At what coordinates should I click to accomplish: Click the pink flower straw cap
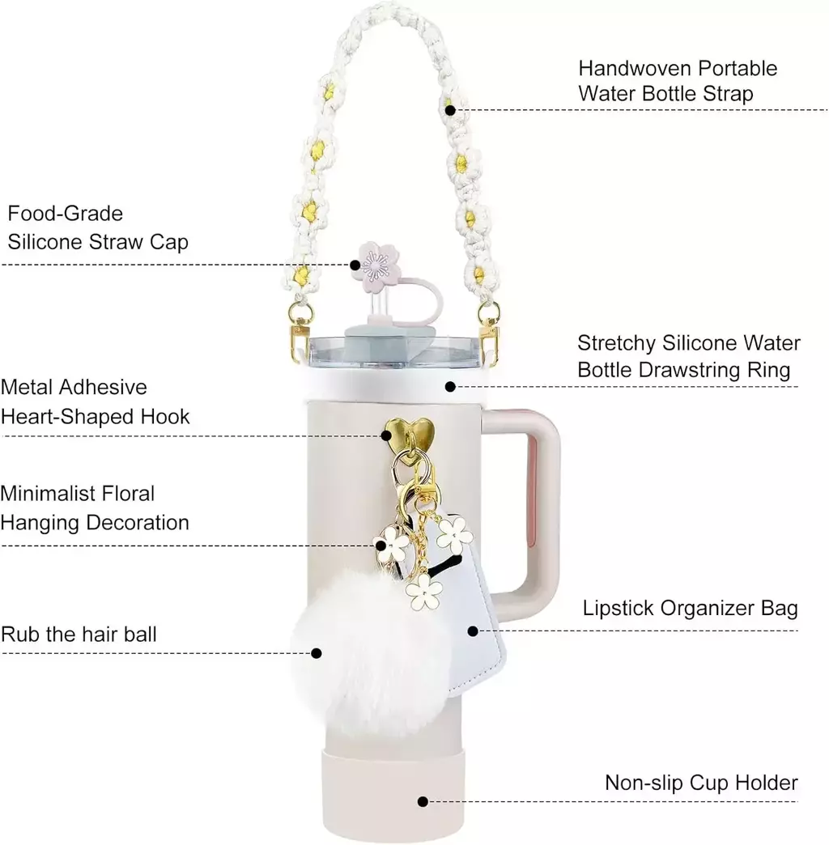(374, 263)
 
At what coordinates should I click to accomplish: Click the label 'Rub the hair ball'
(79, 635)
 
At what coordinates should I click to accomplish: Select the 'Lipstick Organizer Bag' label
(690, 609)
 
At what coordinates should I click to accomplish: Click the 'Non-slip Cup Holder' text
(701, 783)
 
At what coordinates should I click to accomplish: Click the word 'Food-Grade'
(66, 214)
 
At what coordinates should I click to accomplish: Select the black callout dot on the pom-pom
(317, 653)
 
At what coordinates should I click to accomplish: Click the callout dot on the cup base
(423, 801)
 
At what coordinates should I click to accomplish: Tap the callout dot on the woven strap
(451, 110)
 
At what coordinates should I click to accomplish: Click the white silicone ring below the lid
(396, 384)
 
